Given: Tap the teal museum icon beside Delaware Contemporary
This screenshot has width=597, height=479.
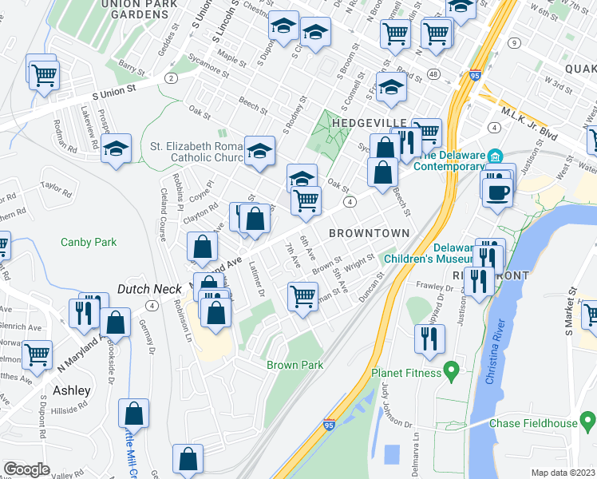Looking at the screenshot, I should (496, 155).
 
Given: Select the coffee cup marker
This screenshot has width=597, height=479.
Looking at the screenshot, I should (499, 193).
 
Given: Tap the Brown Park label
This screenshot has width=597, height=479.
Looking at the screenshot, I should (290, 365).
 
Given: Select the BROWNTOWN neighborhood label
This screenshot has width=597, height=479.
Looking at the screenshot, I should (369, 233).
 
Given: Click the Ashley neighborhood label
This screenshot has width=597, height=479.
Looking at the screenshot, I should (72, 391).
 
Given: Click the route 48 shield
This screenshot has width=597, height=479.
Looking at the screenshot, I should (433, 73).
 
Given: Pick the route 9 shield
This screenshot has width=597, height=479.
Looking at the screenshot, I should (515, 42).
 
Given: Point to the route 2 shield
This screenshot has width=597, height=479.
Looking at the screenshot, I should (171, 77).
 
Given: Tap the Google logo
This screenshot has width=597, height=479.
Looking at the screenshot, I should (26, 469).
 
